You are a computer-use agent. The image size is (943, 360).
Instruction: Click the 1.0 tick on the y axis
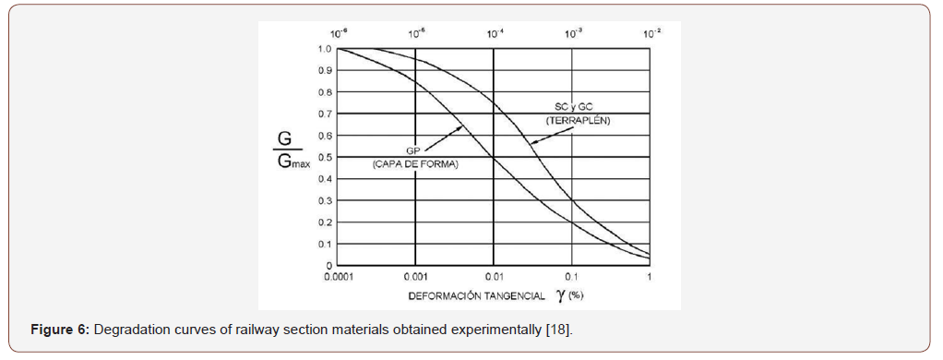pyautogui.click(x=325, y=49)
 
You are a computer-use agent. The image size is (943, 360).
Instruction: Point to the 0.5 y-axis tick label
pyautogui.click(x=325, y=157)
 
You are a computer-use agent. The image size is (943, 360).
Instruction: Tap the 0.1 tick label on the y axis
pyautogui.click(x=325, y=244)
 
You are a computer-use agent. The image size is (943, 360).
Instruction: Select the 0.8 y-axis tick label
pyautogui.click(x=325, y=92)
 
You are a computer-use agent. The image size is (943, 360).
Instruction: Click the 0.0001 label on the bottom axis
pyautogui.click(x=337, y=277)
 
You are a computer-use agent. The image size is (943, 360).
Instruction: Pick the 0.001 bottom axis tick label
pyautogui.click(x=415, y=277)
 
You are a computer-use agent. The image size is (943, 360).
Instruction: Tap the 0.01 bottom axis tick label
pyautogui.click(x=494, y=277)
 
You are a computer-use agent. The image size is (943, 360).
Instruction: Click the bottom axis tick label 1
pyautogui.click(x=650, y=277)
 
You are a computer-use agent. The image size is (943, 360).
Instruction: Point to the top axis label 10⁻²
pyautogui.click(x=651, y=32)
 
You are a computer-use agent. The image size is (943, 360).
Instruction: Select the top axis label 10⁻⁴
pyautogui.click(x=495, y=32)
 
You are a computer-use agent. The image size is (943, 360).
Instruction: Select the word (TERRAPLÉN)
pyautogui.click(x=571, y=121)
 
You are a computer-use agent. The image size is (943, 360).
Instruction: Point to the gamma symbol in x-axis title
pyautogui.click(x=559, y=295)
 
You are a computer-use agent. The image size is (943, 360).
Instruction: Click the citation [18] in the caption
pyautogui.click(x=560, y=330)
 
